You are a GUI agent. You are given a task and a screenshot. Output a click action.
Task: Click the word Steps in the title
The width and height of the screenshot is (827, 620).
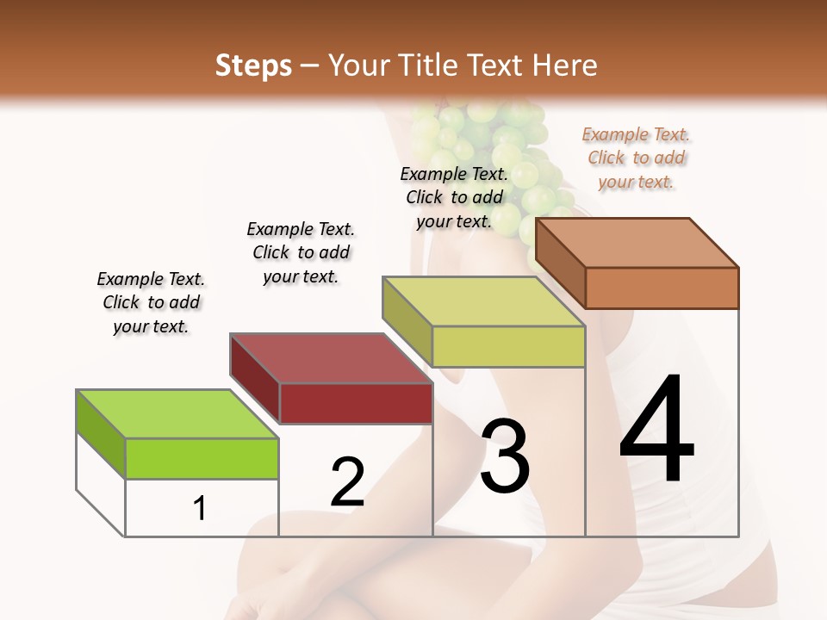tap(253, 65)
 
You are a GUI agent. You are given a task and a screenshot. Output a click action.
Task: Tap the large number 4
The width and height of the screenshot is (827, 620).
tap(656, 431)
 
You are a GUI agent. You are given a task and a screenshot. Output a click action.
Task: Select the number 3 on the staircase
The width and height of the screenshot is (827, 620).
tap(504, 456)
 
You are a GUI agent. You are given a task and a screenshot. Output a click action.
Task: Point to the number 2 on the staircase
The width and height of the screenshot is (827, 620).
tap(347, 482)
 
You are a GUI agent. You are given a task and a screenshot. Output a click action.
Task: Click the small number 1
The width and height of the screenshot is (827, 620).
tap(199, 508)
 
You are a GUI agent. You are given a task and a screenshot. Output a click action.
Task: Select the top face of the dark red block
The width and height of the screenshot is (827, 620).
tap(332, 358)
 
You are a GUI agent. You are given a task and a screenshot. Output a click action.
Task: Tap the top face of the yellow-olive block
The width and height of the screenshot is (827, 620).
tap(484, 301)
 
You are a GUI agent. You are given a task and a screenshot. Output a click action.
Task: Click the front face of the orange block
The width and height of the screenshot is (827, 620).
tap(662, 288)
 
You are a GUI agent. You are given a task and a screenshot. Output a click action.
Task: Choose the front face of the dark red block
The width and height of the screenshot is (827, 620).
tap(356, 403)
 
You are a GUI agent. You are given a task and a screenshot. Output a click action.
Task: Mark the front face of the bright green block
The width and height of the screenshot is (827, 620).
tap(202, 458)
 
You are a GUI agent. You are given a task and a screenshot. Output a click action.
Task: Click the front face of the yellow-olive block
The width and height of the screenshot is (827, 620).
tap(508, 346)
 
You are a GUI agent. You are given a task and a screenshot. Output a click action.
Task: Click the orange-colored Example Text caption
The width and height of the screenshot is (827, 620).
tap(636, 158)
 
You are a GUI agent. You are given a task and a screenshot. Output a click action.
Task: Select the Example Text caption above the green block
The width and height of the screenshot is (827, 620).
tap(151, 302)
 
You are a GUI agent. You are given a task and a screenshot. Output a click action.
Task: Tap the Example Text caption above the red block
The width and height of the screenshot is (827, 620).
tap(301, 252)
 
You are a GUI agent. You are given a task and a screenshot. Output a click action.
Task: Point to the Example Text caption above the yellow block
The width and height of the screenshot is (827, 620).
tap(454, 197)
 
